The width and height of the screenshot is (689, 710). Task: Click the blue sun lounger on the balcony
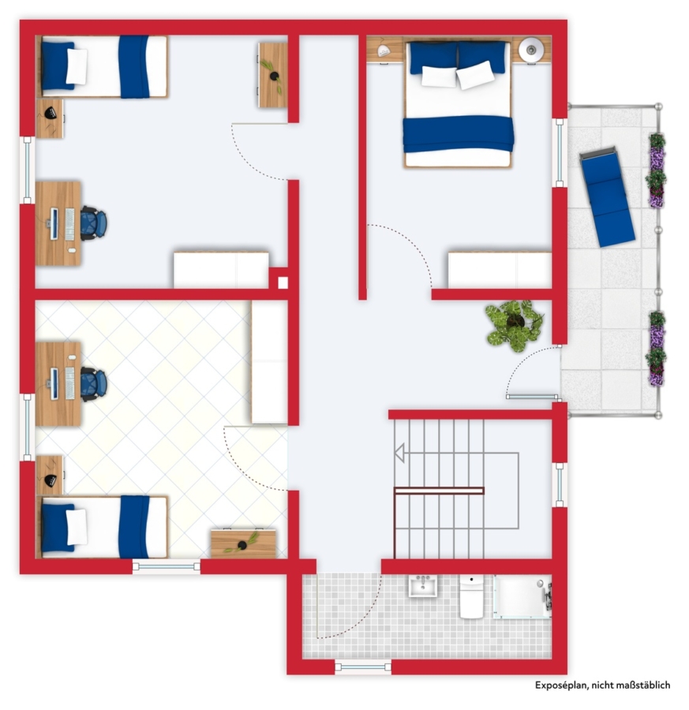click(607, 196)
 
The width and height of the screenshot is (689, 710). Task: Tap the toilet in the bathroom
click(471, 596)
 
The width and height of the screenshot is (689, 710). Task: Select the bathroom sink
click(423, 586)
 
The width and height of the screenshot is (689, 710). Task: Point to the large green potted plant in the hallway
click(514, 325)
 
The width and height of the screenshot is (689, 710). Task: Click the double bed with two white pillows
click(459, 104)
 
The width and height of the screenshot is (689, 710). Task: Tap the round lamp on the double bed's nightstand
click(530, 49)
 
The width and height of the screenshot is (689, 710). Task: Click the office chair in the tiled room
click(94, 384)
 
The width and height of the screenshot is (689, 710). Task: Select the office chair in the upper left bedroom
click(94, 223)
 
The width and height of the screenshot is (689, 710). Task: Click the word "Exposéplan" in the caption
click(561, 685)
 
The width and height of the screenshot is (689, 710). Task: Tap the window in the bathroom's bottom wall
click(363, 667)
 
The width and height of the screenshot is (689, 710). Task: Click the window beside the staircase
click(560, 485)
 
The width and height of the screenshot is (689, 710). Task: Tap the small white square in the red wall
click(283, 282)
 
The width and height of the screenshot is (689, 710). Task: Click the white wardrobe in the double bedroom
click(500, 270)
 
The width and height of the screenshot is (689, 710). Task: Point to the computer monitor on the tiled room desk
click(54, 384)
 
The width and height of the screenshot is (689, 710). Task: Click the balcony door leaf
click(532, 397)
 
